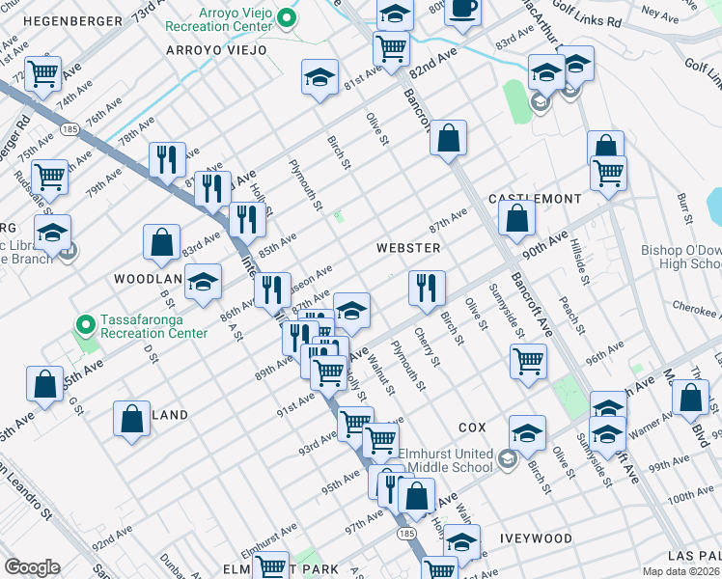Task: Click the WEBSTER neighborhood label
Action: pos(408,248)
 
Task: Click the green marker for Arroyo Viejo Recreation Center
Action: pos(287,17)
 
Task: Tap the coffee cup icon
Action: pos(463,10)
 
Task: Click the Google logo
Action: pos(32,567)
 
